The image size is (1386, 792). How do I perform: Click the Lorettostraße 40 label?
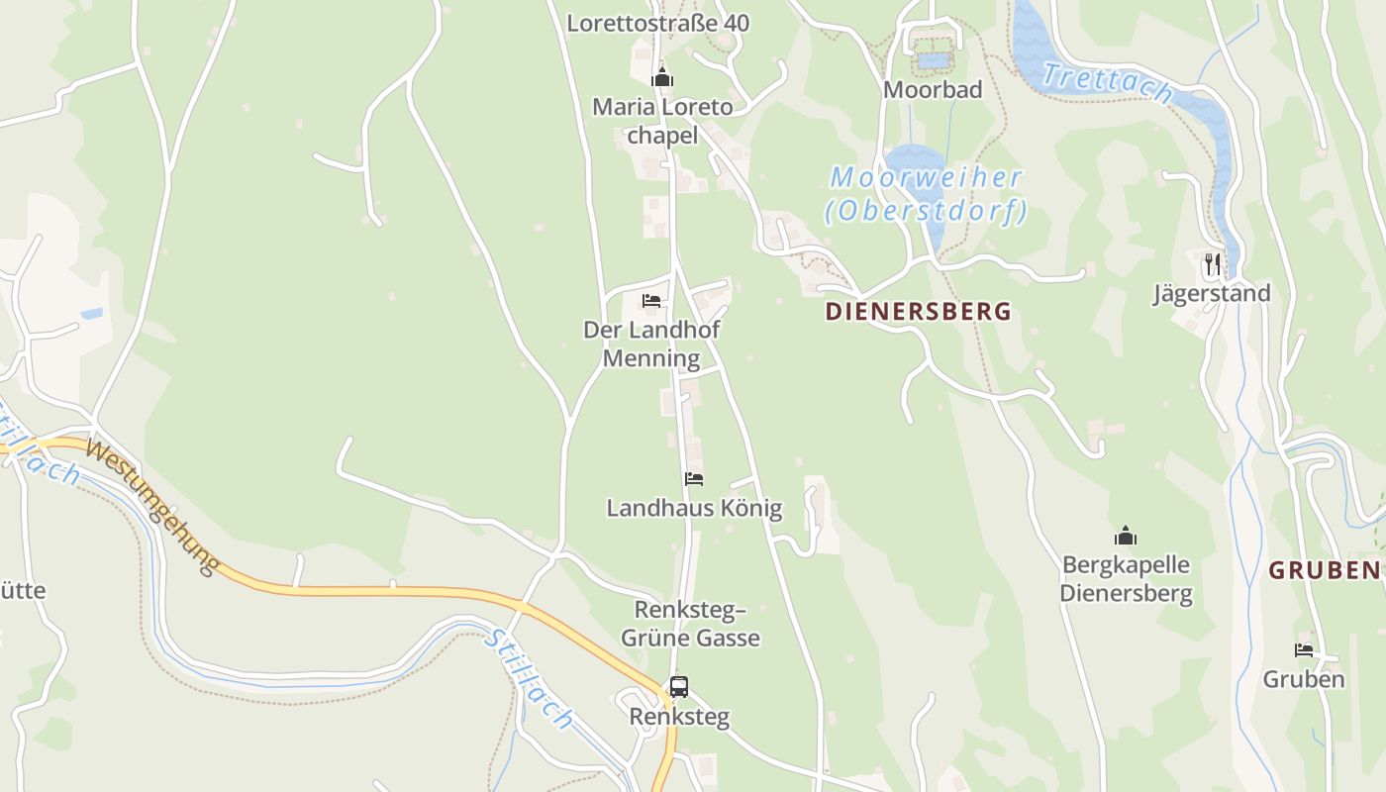point(657,23)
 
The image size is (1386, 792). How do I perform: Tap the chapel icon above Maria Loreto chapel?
point(662,77)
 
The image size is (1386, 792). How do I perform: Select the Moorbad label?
point(933,90)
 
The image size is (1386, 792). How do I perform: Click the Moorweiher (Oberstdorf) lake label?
point(926,194)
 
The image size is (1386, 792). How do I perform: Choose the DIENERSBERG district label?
point(918,312)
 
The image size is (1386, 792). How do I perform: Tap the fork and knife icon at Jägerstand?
point(1212,264)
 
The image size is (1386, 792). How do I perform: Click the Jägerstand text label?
point(1211,294)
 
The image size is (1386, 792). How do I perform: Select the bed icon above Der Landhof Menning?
point(650,300)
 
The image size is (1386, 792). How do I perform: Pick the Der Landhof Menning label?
point(651,344)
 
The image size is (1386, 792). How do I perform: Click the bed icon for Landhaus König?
point(694,479)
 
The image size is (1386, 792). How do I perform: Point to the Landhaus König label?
point(694,509)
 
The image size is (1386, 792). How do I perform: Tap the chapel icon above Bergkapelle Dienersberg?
point(1126,537)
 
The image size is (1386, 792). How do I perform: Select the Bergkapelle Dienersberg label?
point(1126,579)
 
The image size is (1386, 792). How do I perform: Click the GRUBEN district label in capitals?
point(1325,570)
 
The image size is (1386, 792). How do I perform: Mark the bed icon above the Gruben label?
point(1304,650)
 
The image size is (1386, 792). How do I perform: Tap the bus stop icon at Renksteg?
point(678,686)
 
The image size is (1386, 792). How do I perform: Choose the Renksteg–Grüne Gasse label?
point(690,623)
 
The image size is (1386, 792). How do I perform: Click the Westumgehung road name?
point(151,506)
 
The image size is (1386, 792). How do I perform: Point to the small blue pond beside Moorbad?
point(933,60)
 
